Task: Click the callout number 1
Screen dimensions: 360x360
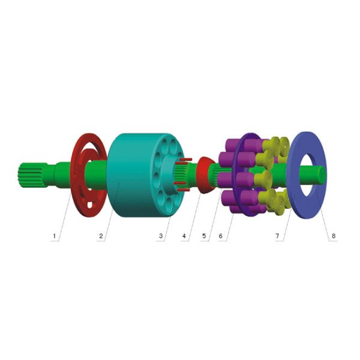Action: pyautogui.click(x=55, y=236)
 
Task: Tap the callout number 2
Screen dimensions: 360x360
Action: pyautogui.click(x=101, y=236)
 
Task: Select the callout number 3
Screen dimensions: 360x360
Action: pyautogui.click(x=161, y=236)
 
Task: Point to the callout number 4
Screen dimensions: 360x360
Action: pyautogui.click(x=184, y=236)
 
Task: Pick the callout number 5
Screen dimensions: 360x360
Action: pyautogui.click(x=204, y=236)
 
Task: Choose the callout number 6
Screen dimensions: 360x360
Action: pyautogui.click(x=220, y=236)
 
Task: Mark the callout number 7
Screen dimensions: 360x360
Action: pyautogui.click(x=277, y=236)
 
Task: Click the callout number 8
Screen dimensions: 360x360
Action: pyautogui.click(x=334, y=236)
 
